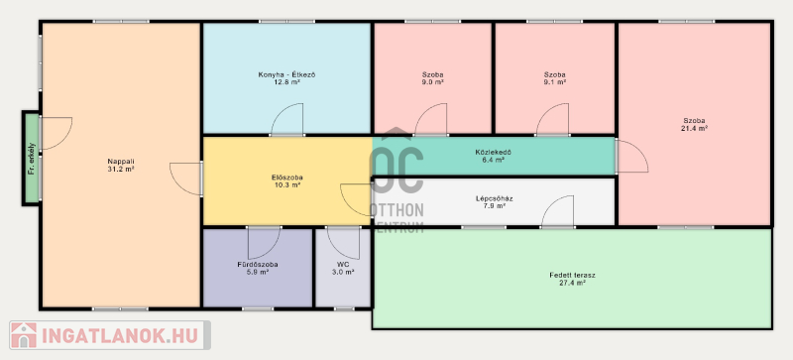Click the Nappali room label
point(121,162)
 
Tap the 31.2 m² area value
point(121,170)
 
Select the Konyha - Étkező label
point(286,75)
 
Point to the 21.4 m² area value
point(694,129)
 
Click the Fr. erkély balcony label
point(32,159)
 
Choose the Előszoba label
point(286,178)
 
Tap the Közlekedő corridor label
point(490,152)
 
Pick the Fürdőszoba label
point(258,265)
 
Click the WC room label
point(343,265)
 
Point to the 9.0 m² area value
point(432,82)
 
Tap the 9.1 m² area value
point(554,82)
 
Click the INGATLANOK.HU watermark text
point(120,335)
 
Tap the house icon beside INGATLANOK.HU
point(23,335)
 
